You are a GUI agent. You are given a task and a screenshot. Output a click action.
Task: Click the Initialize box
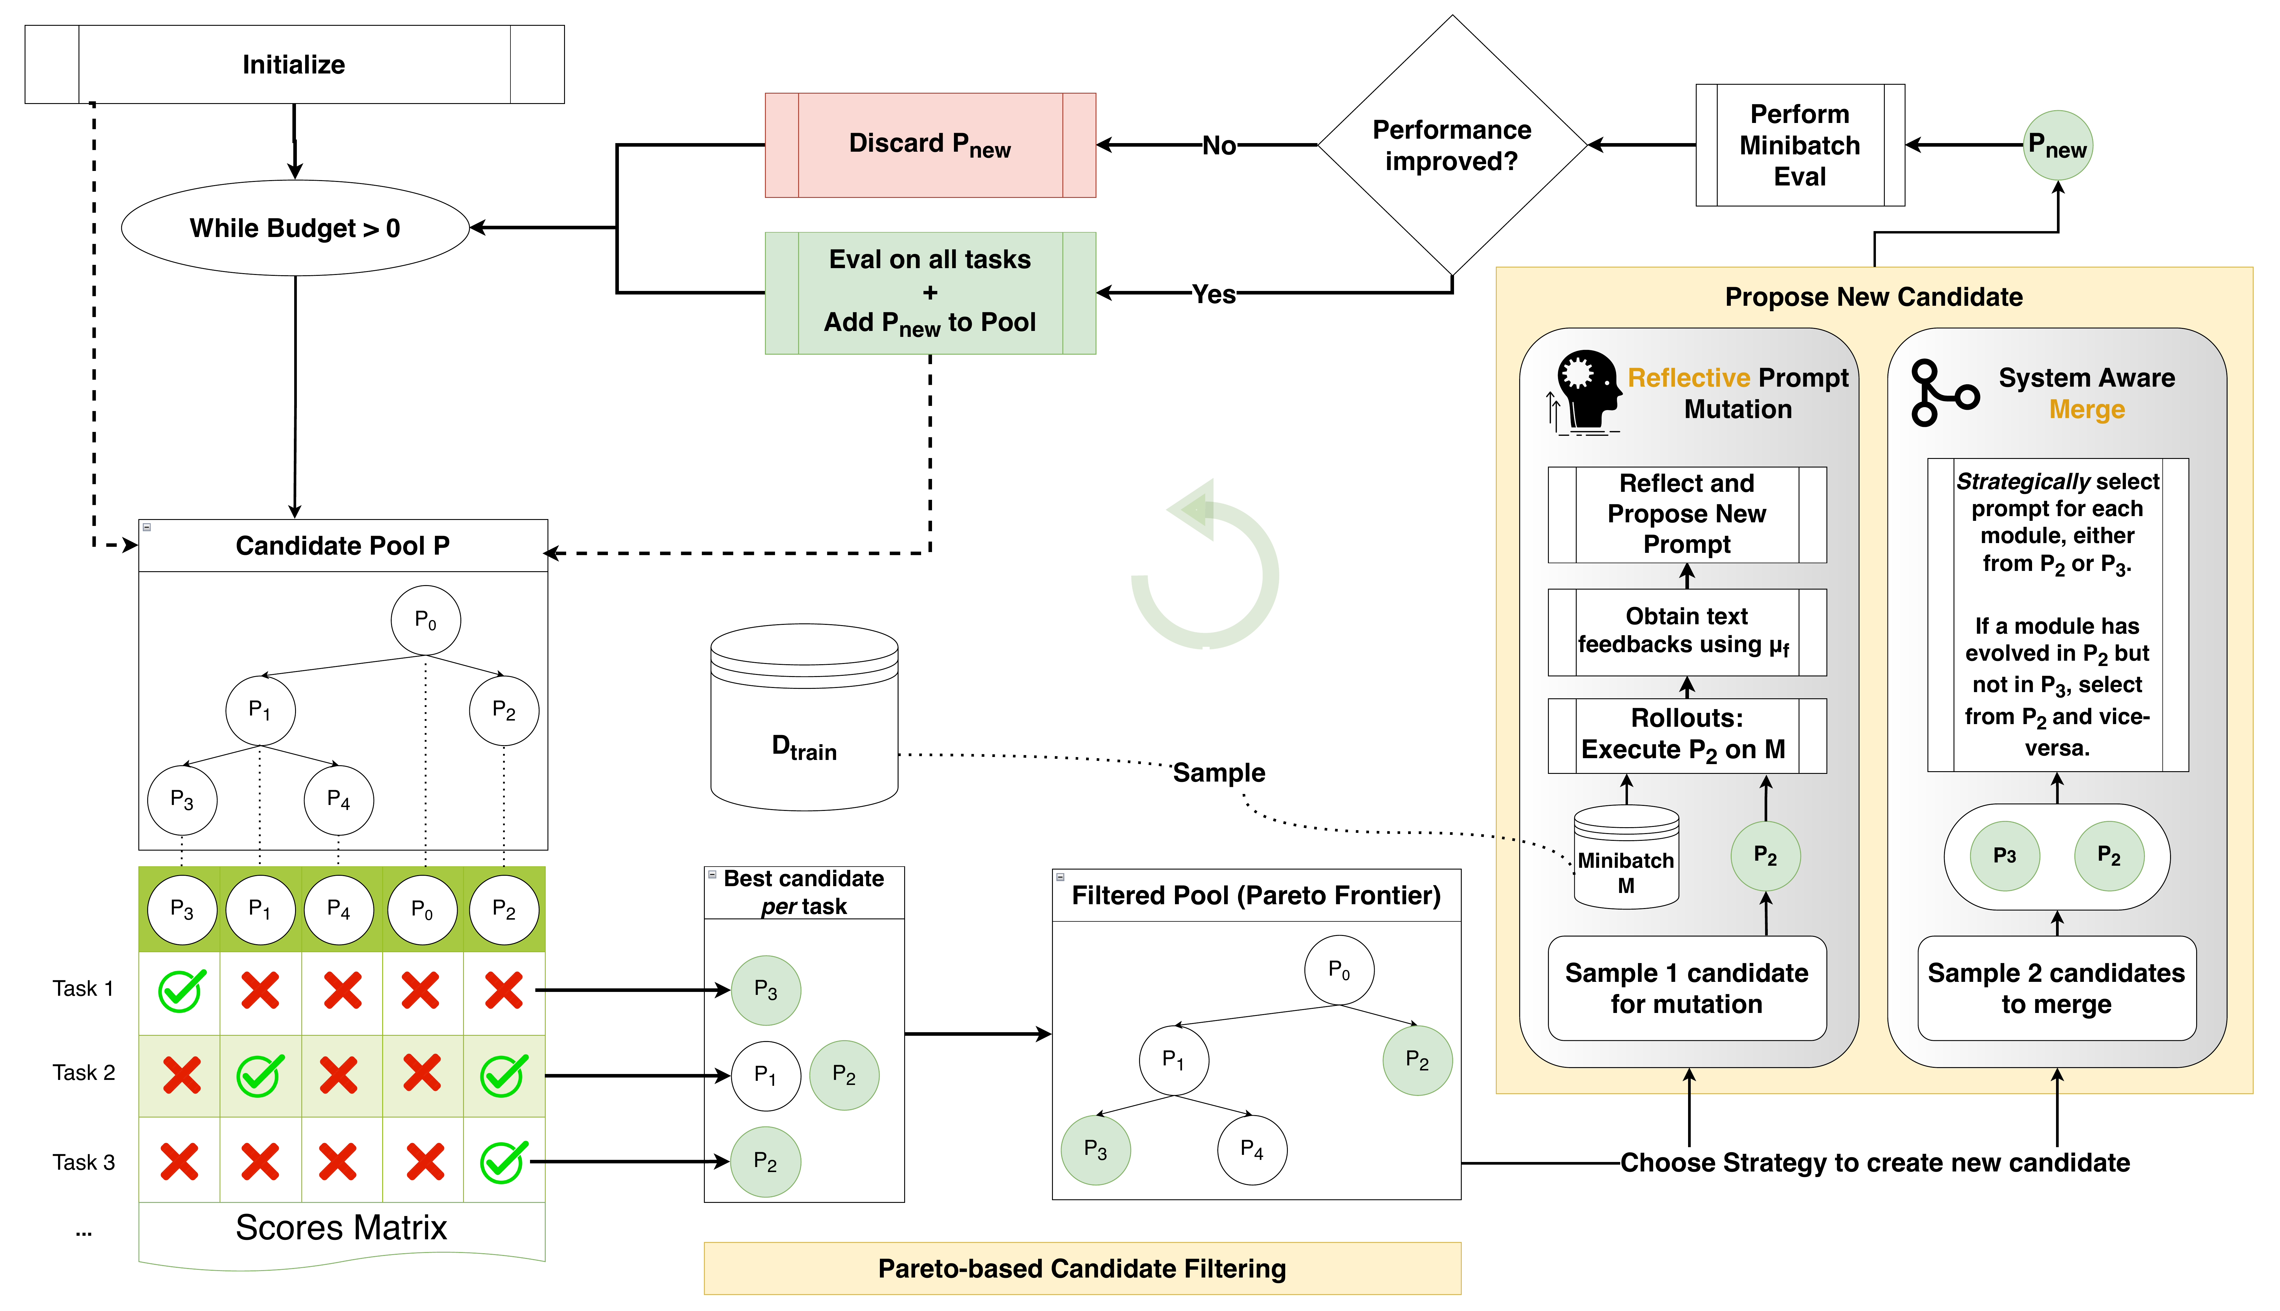(x=294, y=64)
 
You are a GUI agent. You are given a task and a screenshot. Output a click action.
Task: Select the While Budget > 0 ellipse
(x=294, y=228)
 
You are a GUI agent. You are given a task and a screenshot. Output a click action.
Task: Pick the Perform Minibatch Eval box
(x=1799, y=145)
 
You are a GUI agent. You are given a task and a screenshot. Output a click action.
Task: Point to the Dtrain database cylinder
(x=804, y=718)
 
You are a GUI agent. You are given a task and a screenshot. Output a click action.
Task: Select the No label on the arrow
(x=1219, y=145)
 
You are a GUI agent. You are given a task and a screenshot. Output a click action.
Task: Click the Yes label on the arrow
(x=1213, y=294)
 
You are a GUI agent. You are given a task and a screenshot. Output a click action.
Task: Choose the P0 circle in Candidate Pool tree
(x=426, y=620)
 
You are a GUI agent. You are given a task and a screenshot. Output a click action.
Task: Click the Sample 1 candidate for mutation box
(x=1686, y=988)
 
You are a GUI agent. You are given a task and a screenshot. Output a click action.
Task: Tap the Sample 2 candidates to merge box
(x=2056, y=988)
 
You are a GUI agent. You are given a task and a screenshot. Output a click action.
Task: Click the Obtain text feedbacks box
(x=1686, y=631)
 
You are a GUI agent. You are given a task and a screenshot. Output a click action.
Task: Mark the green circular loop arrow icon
(x=1206, y=567)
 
